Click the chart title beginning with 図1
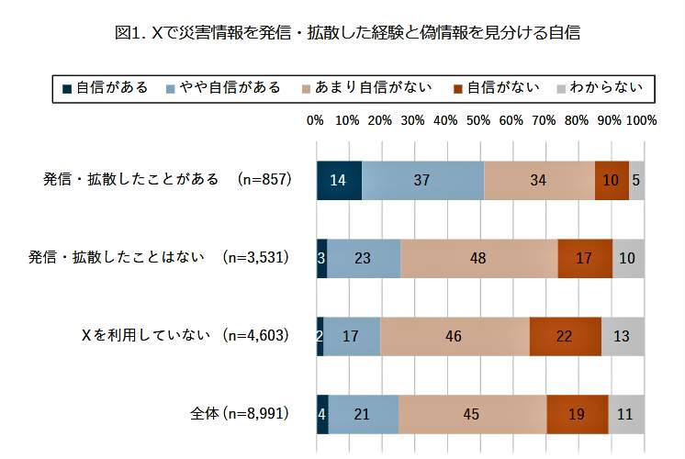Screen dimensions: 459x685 pos(348,33)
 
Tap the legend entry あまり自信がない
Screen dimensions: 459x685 pos(365,88)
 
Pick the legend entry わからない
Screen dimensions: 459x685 pos(596,88)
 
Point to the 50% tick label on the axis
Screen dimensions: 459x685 pos(478,120)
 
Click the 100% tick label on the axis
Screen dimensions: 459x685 pos(641,120)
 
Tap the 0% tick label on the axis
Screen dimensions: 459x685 pos(315,120)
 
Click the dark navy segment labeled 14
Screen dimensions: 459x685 pos(339,180)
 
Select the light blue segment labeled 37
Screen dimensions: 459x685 pos(422,180)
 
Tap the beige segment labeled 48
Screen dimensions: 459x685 pos(478,258)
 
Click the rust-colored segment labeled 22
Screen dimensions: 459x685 pos(565,336)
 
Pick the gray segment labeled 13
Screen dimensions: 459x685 pos(623,336)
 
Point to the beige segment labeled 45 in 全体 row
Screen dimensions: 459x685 pos(472,414)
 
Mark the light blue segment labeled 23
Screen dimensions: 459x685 pos(364,258)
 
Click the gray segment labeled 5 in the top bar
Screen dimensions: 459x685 pos(636,180)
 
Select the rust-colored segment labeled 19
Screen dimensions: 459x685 pos(577,414)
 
